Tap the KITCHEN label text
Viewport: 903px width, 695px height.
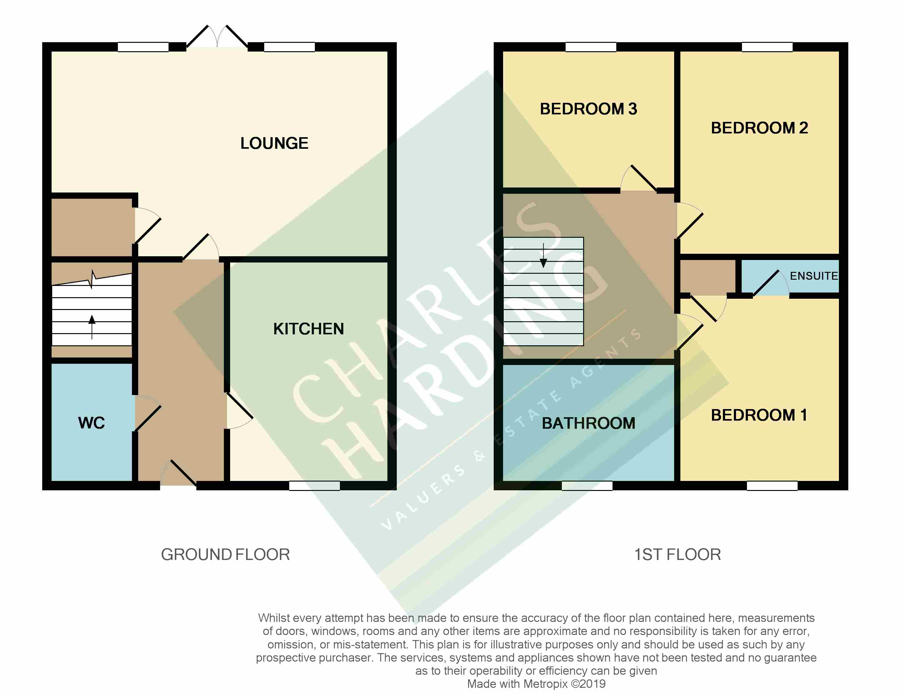click(308, 329)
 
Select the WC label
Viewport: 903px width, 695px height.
click(91, 423)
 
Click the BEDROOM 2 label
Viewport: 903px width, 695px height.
click(759, 128)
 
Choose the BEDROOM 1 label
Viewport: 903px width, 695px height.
click(759, 415)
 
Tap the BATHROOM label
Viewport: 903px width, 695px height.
click(588, 423)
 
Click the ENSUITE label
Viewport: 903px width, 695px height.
click(814, 276)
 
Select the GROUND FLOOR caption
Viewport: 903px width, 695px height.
click(225, 554)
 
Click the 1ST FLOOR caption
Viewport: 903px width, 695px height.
click(678, 554)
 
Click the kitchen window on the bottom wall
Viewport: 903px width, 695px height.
click(314, 486)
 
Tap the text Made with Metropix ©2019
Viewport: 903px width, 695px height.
click(536, 684)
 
